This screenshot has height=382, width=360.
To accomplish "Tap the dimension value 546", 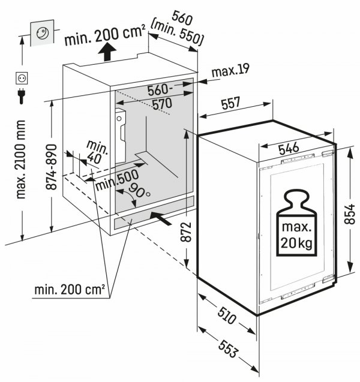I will click(290, 146).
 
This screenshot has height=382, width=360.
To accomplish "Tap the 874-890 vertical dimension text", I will click(53, 167).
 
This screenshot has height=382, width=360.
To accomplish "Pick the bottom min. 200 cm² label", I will click(68, 290).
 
